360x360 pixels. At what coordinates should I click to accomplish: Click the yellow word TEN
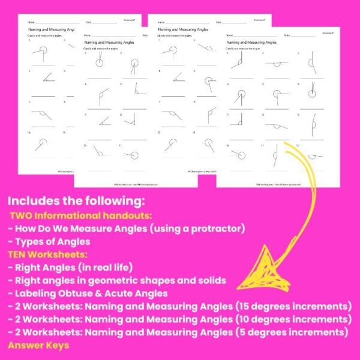click(x=19, y=254)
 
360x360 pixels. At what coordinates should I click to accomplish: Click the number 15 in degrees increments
click(x=232, y=305)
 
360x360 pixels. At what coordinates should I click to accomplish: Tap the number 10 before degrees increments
click(x=232, y=318)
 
